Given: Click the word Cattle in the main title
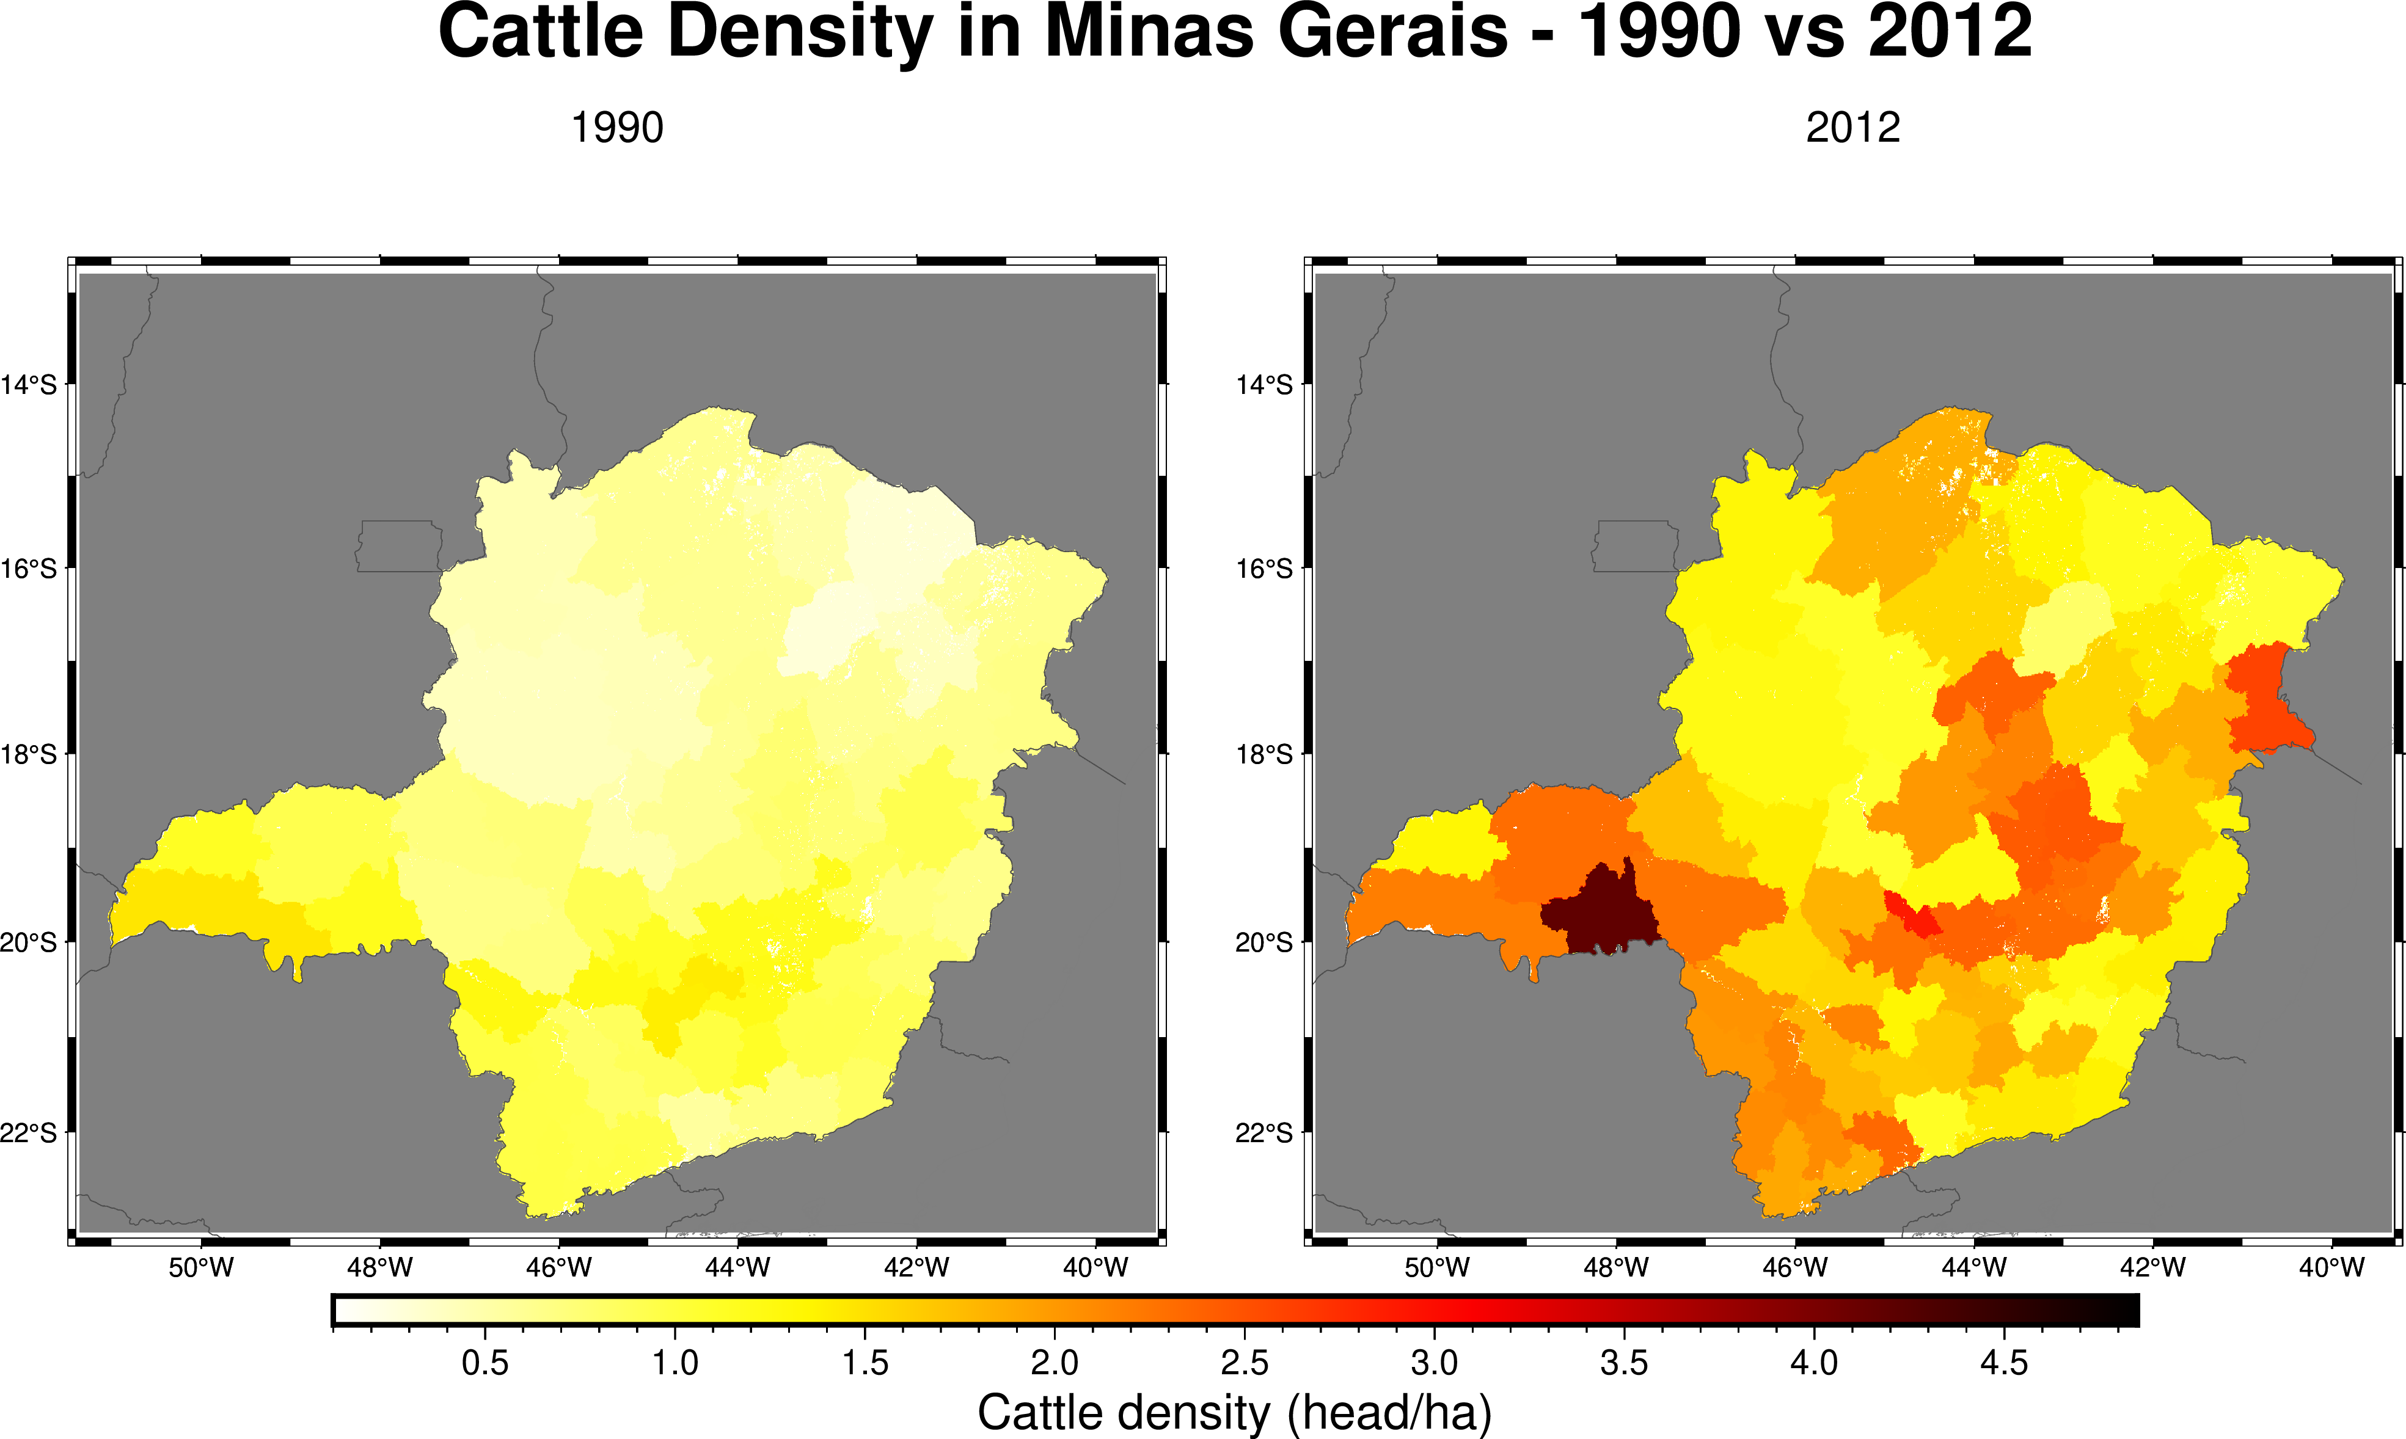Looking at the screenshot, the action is [x=541, y=32].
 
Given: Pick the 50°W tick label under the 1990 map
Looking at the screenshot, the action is [x=201, y=1267].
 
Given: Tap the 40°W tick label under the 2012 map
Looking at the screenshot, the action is [x=2331, y=1267].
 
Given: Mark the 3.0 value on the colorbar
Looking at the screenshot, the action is [x=1435, y=1363].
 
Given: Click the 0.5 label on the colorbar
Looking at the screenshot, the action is [x=485, y=1363].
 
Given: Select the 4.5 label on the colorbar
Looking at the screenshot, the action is [x=2003, y=1363].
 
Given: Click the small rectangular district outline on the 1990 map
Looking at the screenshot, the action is [x=398, y=546].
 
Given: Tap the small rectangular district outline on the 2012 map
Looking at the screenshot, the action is [x=1635, y=546].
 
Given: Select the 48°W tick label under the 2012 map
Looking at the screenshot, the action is [x=1615, y=1267].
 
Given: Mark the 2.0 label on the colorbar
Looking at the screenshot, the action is [x=1054, y=1363].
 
